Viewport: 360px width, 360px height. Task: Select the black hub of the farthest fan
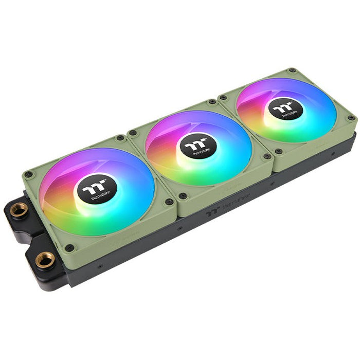tap(284, 110)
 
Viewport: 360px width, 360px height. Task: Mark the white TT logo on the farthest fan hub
tap(282, 108)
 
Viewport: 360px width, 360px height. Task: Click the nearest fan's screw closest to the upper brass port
tap(29, 175)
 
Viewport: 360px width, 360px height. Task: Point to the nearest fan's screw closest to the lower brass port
tap(69, 248)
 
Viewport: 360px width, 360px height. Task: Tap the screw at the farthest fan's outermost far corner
tap(292, 70)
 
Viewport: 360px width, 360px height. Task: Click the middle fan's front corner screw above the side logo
tap(183, 195)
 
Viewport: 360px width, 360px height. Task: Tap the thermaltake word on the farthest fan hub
tap(287, 114)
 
